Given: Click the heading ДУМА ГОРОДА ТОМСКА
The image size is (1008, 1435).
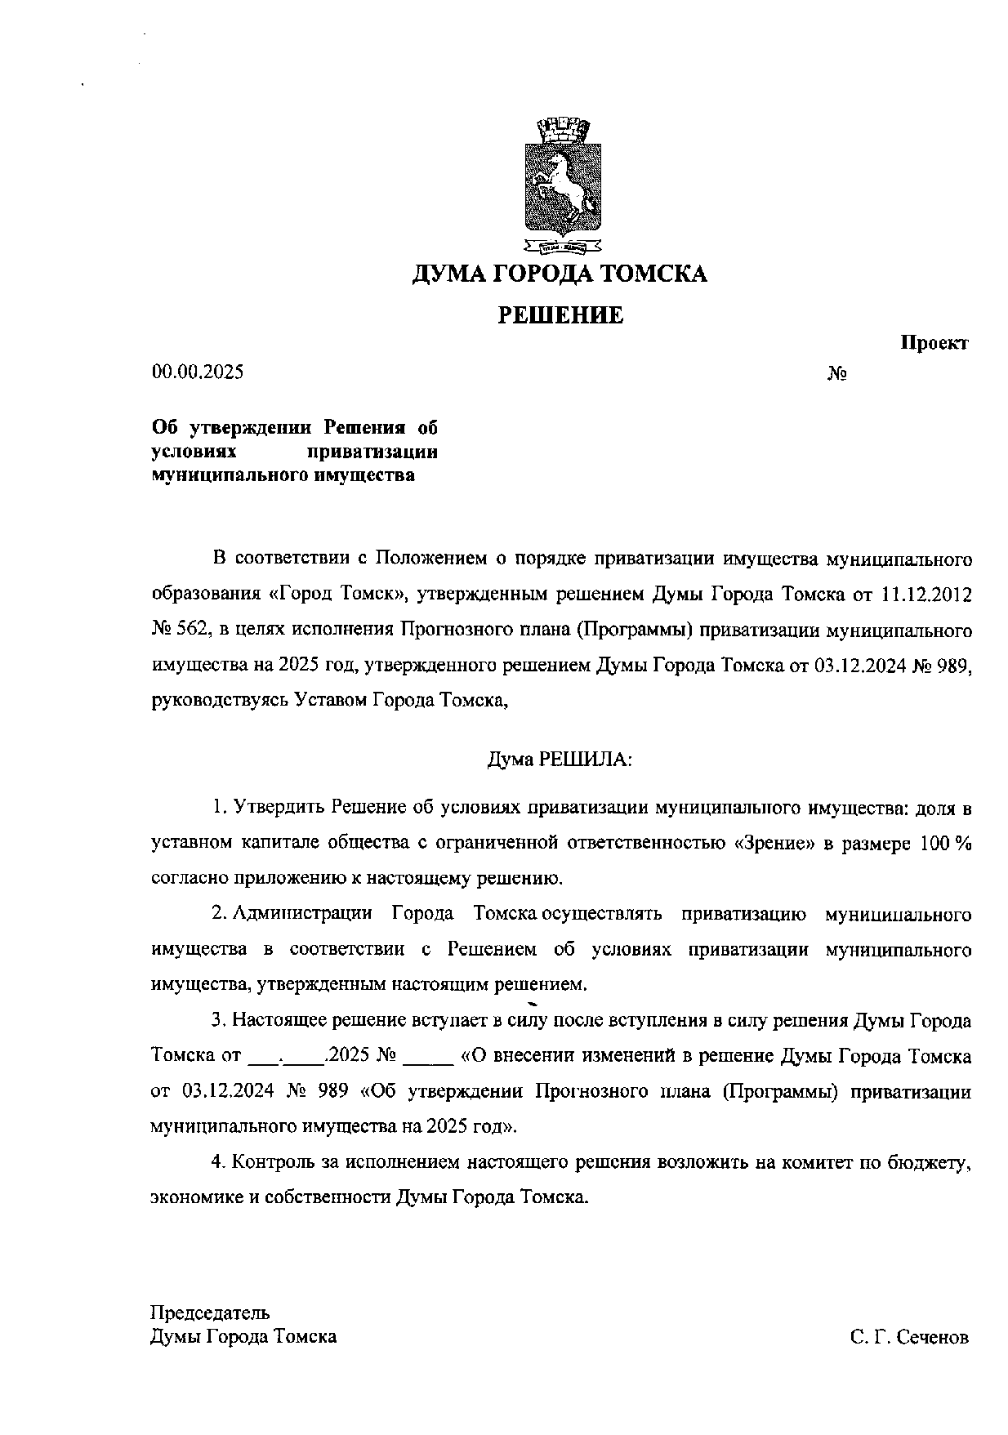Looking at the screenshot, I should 560,274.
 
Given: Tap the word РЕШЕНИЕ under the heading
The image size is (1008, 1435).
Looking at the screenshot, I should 560,315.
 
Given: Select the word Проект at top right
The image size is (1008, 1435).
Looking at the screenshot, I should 934,343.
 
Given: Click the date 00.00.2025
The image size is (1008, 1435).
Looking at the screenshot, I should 198,372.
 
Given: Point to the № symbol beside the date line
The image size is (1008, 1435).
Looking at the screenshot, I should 836,374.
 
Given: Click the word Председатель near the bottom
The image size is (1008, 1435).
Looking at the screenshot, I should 210,1312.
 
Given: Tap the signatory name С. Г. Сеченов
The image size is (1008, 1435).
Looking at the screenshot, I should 908,1338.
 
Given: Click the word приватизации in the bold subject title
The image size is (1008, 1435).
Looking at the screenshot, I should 373,452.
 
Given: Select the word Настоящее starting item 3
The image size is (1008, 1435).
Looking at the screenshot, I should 274,1021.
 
